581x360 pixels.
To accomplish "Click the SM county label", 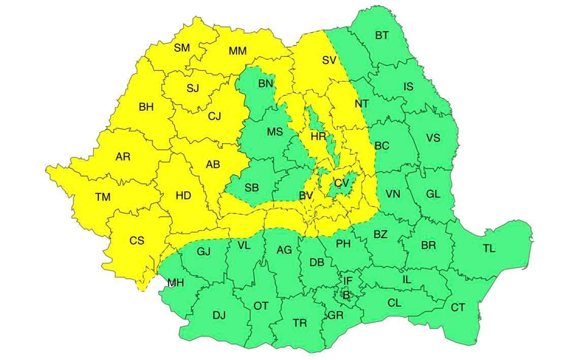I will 181,48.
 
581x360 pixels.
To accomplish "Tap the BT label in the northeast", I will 382,36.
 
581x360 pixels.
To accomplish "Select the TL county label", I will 489,249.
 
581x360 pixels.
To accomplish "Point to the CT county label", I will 458,308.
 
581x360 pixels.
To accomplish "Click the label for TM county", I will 103,197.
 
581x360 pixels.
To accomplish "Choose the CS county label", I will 137,241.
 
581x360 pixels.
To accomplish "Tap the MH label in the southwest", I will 175,283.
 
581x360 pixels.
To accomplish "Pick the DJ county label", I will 219,316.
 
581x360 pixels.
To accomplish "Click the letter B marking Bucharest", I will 346,294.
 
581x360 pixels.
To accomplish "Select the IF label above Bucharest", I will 347,281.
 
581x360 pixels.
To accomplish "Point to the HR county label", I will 318,137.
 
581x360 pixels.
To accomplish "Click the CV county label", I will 341,183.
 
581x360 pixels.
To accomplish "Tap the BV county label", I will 306,195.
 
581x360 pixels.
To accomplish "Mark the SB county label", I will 251,188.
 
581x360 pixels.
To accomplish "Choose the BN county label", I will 266,84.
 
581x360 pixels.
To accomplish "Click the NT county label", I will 362,104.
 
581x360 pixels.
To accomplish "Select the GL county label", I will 433,194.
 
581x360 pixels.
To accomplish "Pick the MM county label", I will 237,51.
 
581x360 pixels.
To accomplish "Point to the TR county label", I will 300,323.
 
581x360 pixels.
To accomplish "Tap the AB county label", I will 213,165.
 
